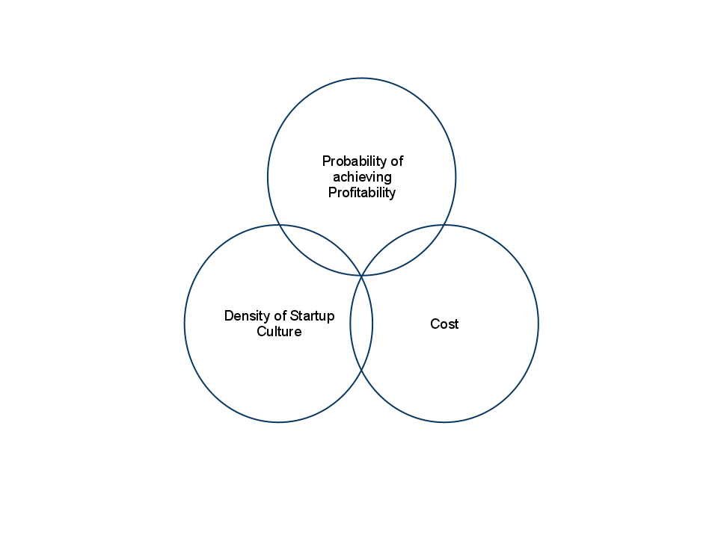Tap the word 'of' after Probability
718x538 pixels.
pos(397,161)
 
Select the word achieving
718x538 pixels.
pos(362,177)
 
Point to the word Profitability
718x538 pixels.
pos(362,193)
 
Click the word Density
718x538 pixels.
pos(248,316)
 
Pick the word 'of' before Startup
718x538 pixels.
pos(280,315)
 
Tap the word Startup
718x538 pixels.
pos(313,316)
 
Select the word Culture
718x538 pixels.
pos(279,331)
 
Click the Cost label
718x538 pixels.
pos(444,324)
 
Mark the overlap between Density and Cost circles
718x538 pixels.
pos(362,323)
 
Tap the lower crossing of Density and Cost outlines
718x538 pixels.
pos(362,370)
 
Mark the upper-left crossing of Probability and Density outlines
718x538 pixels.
pos(279,225)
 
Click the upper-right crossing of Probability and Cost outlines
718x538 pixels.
pos(444,225)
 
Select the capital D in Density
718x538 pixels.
pos(230,315)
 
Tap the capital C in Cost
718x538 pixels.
pos(435,324)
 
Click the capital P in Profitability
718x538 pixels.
pos(332,192)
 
